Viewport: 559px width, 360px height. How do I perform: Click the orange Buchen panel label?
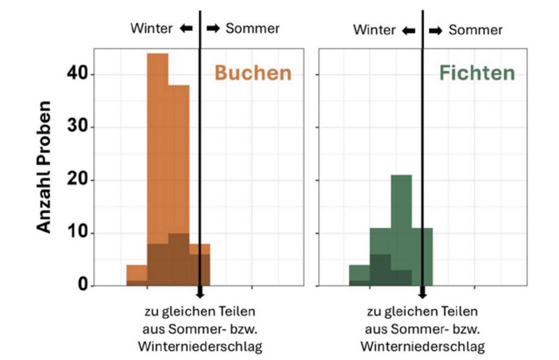[x=252, y=73]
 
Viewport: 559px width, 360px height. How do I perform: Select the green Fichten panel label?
[x=477, y=73]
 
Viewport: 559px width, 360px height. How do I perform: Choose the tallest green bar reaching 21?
[x=401, y=210]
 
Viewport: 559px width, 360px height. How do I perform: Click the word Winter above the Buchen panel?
[x=152, y=29]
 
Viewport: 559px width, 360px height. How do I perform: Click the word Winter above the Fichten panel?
[x=375, y=30]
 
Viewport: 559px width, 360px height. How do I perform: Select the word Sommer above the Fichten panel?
[x=475, y=30]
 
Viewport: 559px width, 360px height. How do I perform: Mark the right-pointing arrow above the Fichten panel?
[x=435, y=30]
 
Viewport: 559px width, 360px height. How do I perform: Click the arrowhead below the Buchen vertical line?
[x=200, y=294]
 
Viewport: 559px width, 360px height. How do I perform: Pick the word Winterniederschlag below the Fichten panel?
[x=423, y=346]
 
